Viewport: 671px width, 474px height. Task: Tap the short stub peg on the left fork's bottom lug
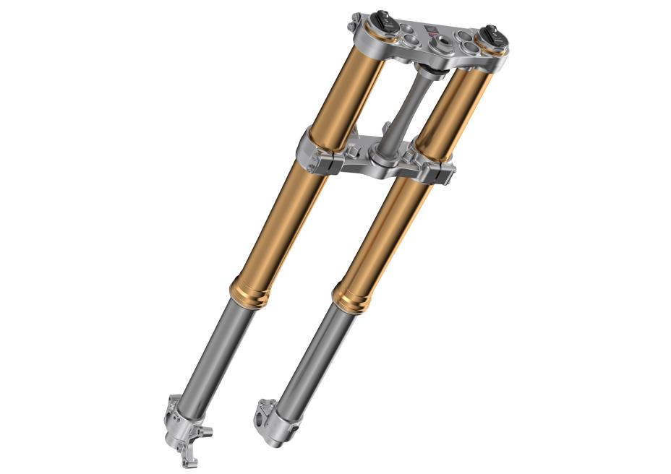(x=207, y=433)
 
